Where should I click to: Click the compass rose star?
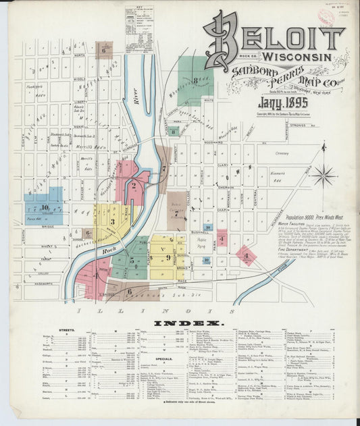323,175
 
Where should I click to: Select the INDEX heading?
179,324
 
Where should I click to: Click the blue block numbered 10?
44,206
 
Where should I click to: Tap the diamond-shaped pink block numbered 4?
246,255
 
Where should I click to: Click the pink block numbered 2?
135,184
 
